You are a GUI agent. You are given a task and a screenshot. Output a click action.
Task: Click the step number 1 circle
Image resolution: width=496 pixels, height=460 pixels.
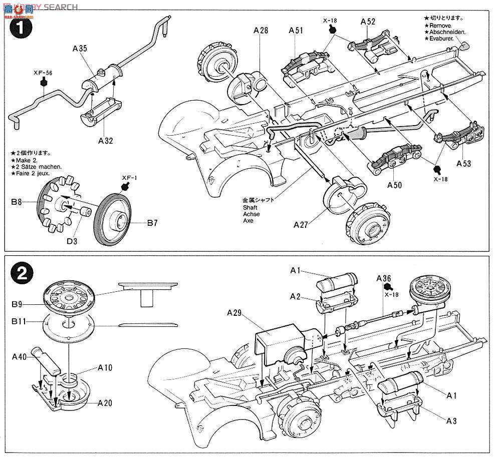(21, 27)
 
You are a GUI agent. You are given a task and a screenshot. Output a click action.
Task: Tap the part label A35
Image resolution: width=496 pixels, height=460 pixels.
(80, 49)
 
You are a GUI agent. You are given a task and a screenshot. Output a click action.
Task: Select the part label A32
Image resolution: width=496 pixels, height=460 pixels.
(106, 141)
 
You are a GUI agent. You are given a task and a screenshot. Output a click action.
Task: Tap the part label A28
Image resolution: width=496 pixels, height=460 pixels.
(261, 31)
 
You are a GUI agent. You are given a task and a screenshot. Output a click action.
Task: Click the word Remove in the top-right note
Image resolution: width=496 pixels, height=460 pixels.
(440, 25)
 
